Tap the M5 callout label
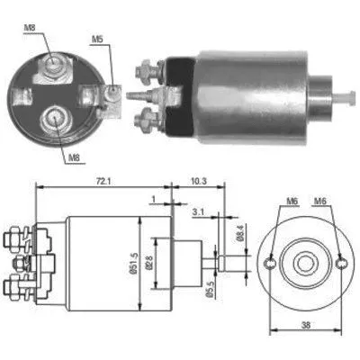coord(98,40)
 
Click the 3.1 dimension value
coord(197,212)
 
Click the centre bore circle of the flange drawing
coord(305,263)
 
